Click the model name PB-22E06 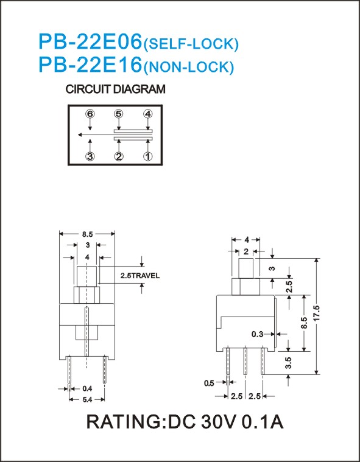coord(90,41)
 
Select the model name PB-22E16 coord(90,65)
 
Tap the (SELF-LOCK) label coord(191,44)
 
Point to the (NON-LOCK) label coord(188,67)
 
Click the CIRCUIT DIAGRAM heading coord(115,89)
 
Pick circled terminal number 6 coord(90,113)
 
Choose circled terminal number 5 coord(119,113)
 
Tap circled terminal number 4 coord(147,113)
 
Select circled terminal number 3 coord(90,156)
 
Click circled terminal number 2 coord(119,156)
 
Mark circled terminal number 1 coord(147,156)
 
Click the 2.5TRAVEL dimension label coord(140,276)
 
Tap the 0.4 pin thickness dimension coord(87,388)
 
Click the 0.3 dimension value coord(258,334)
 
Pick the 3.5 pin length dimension coord(289,363)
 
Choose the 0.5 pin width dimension coord(209,383)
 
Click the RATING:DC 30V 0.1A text coord(185,422)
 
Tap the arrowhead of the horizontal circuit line coord(80,135)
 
